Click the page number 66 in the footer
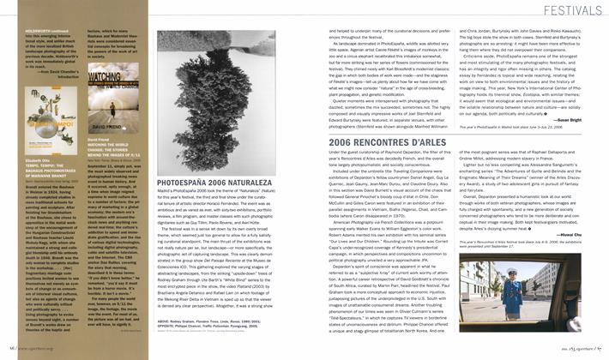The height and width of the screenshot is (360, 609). click(x=9, y=351)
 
